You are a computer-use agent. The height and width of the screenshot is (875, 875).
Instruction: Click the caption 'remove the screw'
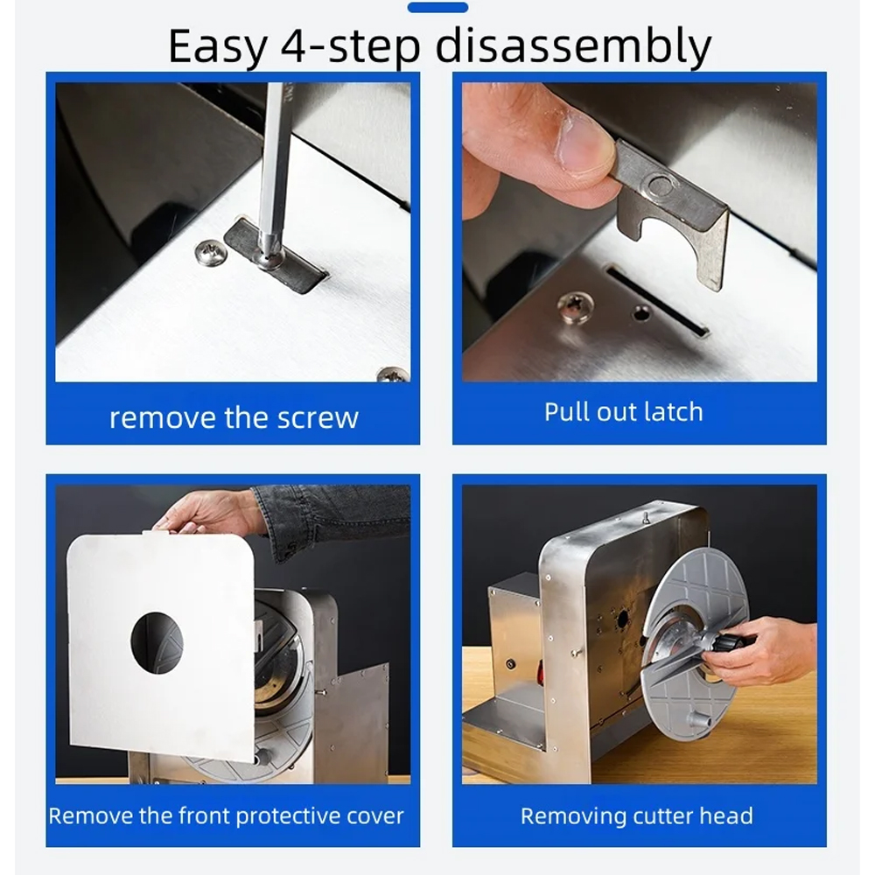(x=234, y=417)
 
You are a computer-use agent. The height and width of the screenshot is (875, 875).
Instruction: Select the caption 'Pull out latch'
(x=623, y=412)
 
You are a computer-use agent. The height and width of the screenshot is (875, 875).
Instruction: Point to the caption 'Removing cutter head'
(x=637, y=815)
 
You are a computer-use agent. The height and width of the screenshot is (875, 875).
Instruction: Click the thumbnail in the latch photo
(x=585, y=140)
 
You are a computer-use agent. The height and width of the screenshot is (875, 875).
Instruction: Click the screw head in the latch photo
(x=576, y=307)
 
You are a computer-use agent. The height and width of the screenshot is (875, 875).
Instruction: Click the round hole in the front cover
(x=157, y=643)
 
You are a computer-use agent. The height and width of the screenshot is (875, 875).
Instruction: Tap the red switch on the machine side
(x=540, y=669)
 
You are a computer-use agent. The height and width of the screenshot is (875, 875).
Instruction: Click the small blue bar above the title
(x=437, y=7)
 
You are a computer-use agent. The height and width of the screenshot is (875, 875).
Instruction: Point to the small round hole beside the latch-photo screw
(x=640, y=313)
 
